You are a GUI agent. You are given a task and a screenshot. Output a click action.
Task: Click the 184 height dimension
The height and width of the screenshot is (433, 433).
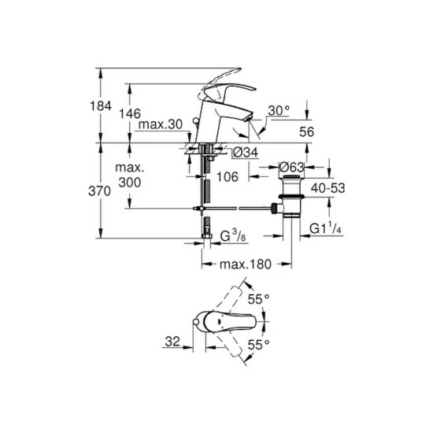pos(101,106)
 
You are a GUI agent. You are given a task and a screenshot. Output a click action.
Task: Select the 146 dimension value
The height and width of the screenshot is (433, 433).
pos(130,113)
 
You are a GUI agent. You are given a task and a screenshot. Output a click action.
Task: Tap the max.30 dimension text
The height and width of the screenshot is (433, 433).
pos(161,124)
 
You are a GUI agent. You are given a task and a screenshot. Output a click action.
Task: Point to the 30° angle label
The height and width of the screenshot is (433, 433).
pos(279,111)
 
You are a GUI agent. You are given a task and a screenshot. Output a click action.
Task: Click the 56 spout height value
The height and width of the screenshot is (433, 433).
pos(307,132)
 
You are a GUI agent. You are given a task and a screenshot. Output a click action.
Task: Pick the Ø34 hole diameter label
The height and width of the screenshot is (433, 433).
pos(246,152)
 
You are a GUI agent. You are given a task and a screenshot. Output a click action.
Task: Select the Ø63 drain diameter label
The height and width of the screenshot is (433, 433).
pos(291,167)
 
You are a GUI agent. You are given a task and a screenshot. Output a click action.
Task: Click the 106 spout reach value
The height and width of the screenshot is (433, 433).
pos(228,177)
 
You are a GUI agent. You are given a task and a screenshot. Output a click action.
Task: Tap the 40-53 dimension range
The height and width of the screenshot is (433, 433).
pos(328,188)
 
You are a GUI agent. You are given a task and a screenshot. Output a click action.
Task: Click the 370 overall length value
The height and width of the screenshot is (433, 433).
pos(99,191)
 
